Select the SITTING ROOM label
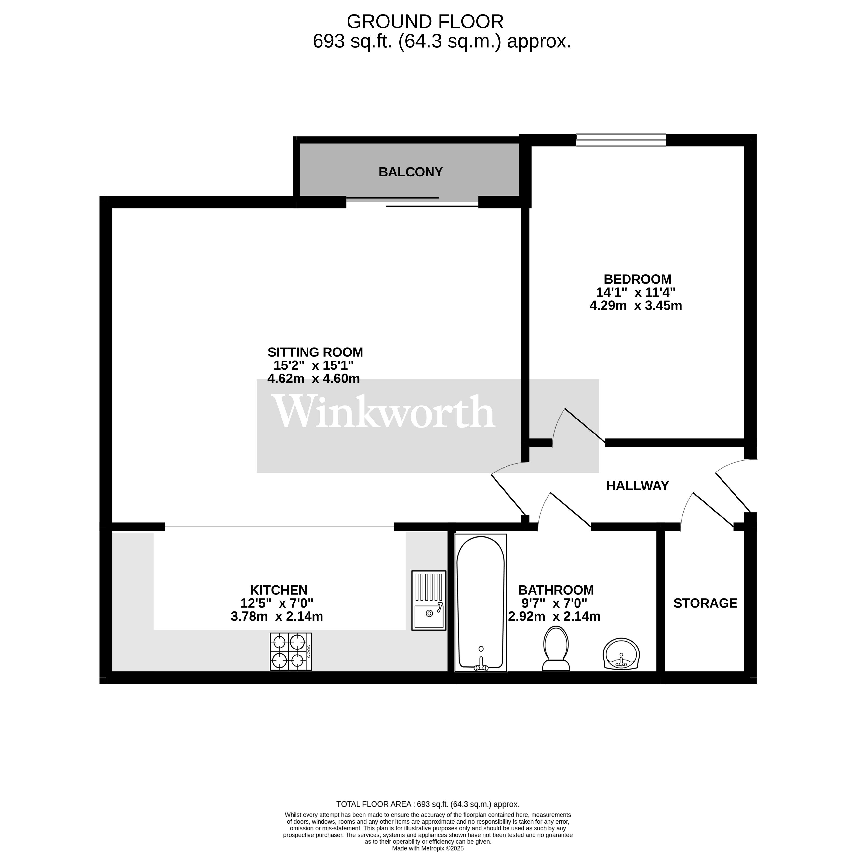[315, 352]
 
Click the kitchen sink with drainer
[428, 600]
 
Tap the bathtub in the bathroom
[480, 603]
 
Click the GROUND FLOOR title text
[425, 22]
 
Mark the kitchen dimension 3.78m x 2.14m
[277, 616]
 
